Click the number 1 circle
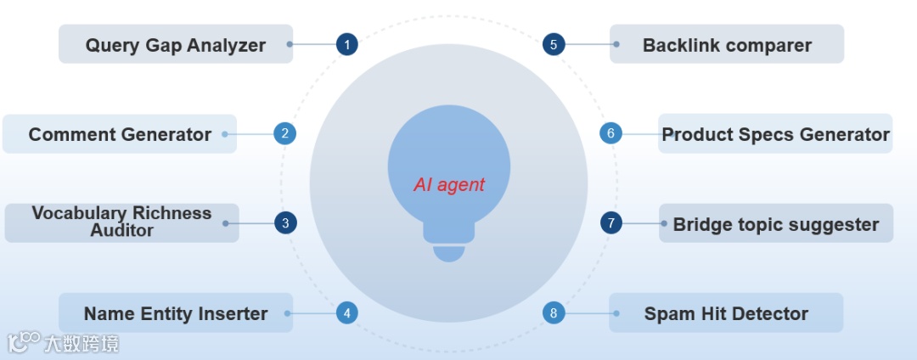(346, 44)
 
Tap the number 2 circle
(285, 133)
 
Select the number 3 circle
(285, 223)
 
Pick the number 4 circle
(346, 313)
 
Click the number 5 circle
(554, 44)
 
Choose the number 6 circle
(610, 133)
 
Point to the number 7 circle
(611, 223)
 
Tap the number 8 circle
(554, 313)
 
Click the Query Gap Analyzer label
(176, 45)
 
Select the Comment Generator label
(120, 134)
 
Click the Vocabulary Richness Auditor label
(121, 222)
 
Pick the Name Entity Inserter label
(176, 313)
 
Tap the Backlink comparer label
(727, 45)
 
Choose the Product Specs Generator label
(775, 134)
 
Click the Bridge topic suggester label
(775, 224)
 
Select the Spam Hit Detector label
(726, 313)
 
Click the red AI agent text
(449, 184)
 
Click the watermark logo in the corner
(24, 342)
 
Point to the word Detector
(768, 313)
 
